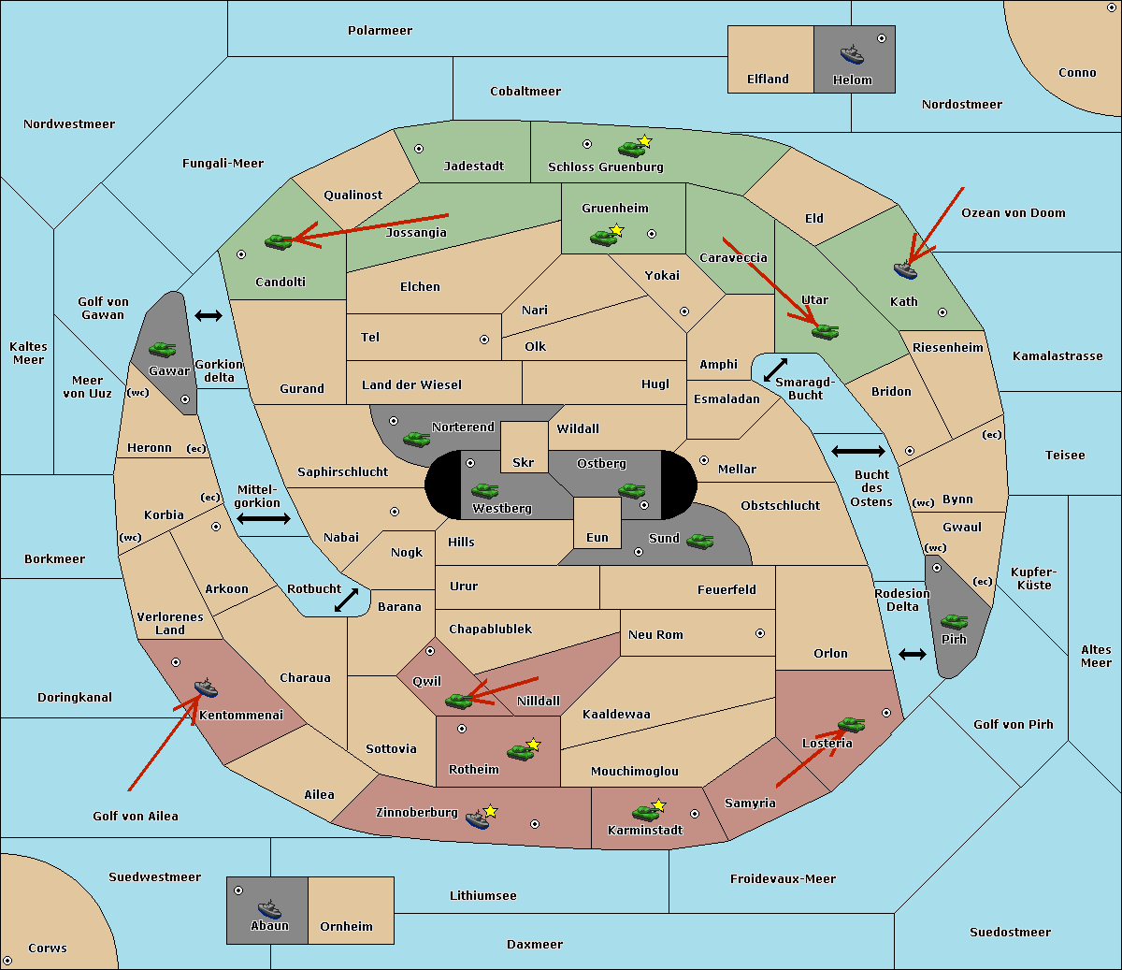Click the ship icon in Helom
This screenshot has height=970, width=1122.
(851, 54)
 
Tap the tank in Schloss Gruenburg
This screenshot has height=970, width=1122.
(631, 148)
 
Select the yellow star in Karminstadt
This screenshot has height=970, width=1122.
(658, 804)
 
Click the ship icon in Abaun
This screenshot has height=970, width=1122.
(269, 908)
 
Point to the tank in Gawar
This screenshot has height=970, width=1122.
(163, 349)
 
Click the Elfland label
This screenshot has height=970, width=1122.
(768, 80)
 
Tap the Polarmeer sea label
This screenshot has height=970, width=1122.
(380, 31)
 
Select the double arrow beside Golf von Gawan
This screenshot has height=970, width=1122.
(208, 316)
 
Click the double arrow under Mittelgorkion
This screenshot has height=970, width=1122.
(263, 519)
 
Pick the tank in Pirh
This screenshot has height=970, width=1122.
(954, 622)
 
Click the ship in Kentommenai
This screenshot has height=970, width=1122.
(206, 688)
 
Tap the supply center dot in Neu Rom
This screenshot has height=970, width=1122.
(760, 633)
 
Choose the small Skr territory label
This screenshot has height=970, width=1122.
(523, 463)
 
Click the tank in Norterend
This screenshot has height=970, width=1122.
(416, 439)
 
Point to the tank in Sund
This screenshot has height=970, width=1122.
(699, 541)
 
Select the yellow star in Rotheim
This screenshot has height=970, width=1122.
(533, 745)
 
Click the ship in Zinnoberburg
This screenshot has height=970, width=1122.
(478, 819)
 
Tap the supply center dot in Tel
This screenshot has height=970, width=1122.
(484, 340)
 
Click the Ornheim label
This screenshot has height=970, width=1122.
(346, 927)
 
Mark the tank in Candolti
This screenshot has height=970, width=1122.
(278, 241)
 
